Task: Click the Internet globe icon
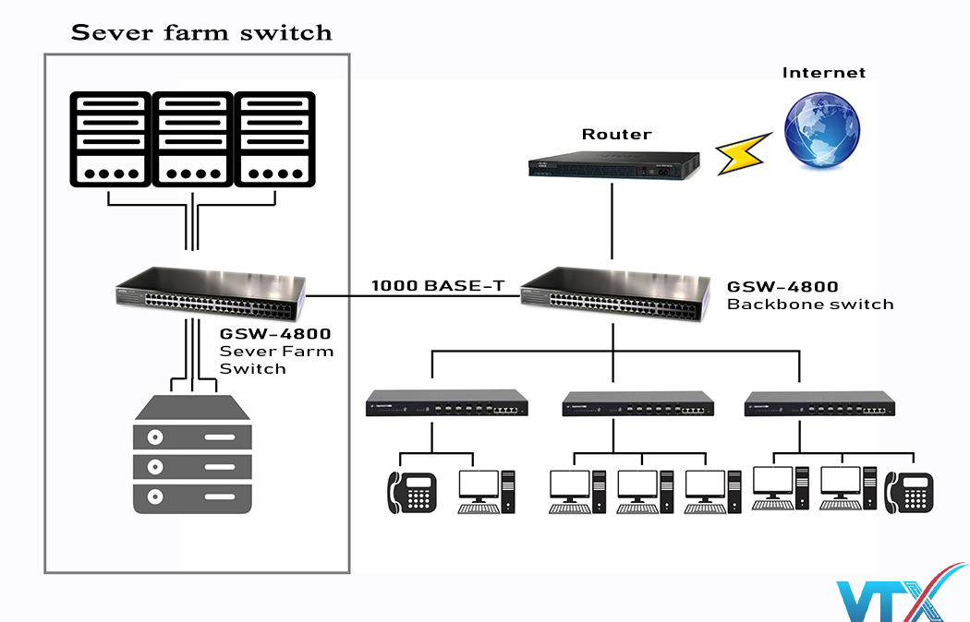tap(821, 126)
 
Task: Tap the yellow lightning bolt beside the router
tap(745, 154)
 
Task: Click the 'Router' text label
tap(616, 135)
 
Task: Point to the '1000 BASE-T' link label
tap(438, 286)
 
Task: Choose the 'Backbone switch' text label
tap(810, 305)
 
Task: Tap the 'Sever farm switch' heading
tap(201, 33)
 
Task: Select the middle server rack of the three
tap(192, 139)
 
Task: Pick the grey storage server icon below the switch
tap(191, 453)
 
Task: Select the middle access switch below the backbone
tap(638, 404)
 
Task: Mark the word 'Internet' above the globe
tap(824, 73)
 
